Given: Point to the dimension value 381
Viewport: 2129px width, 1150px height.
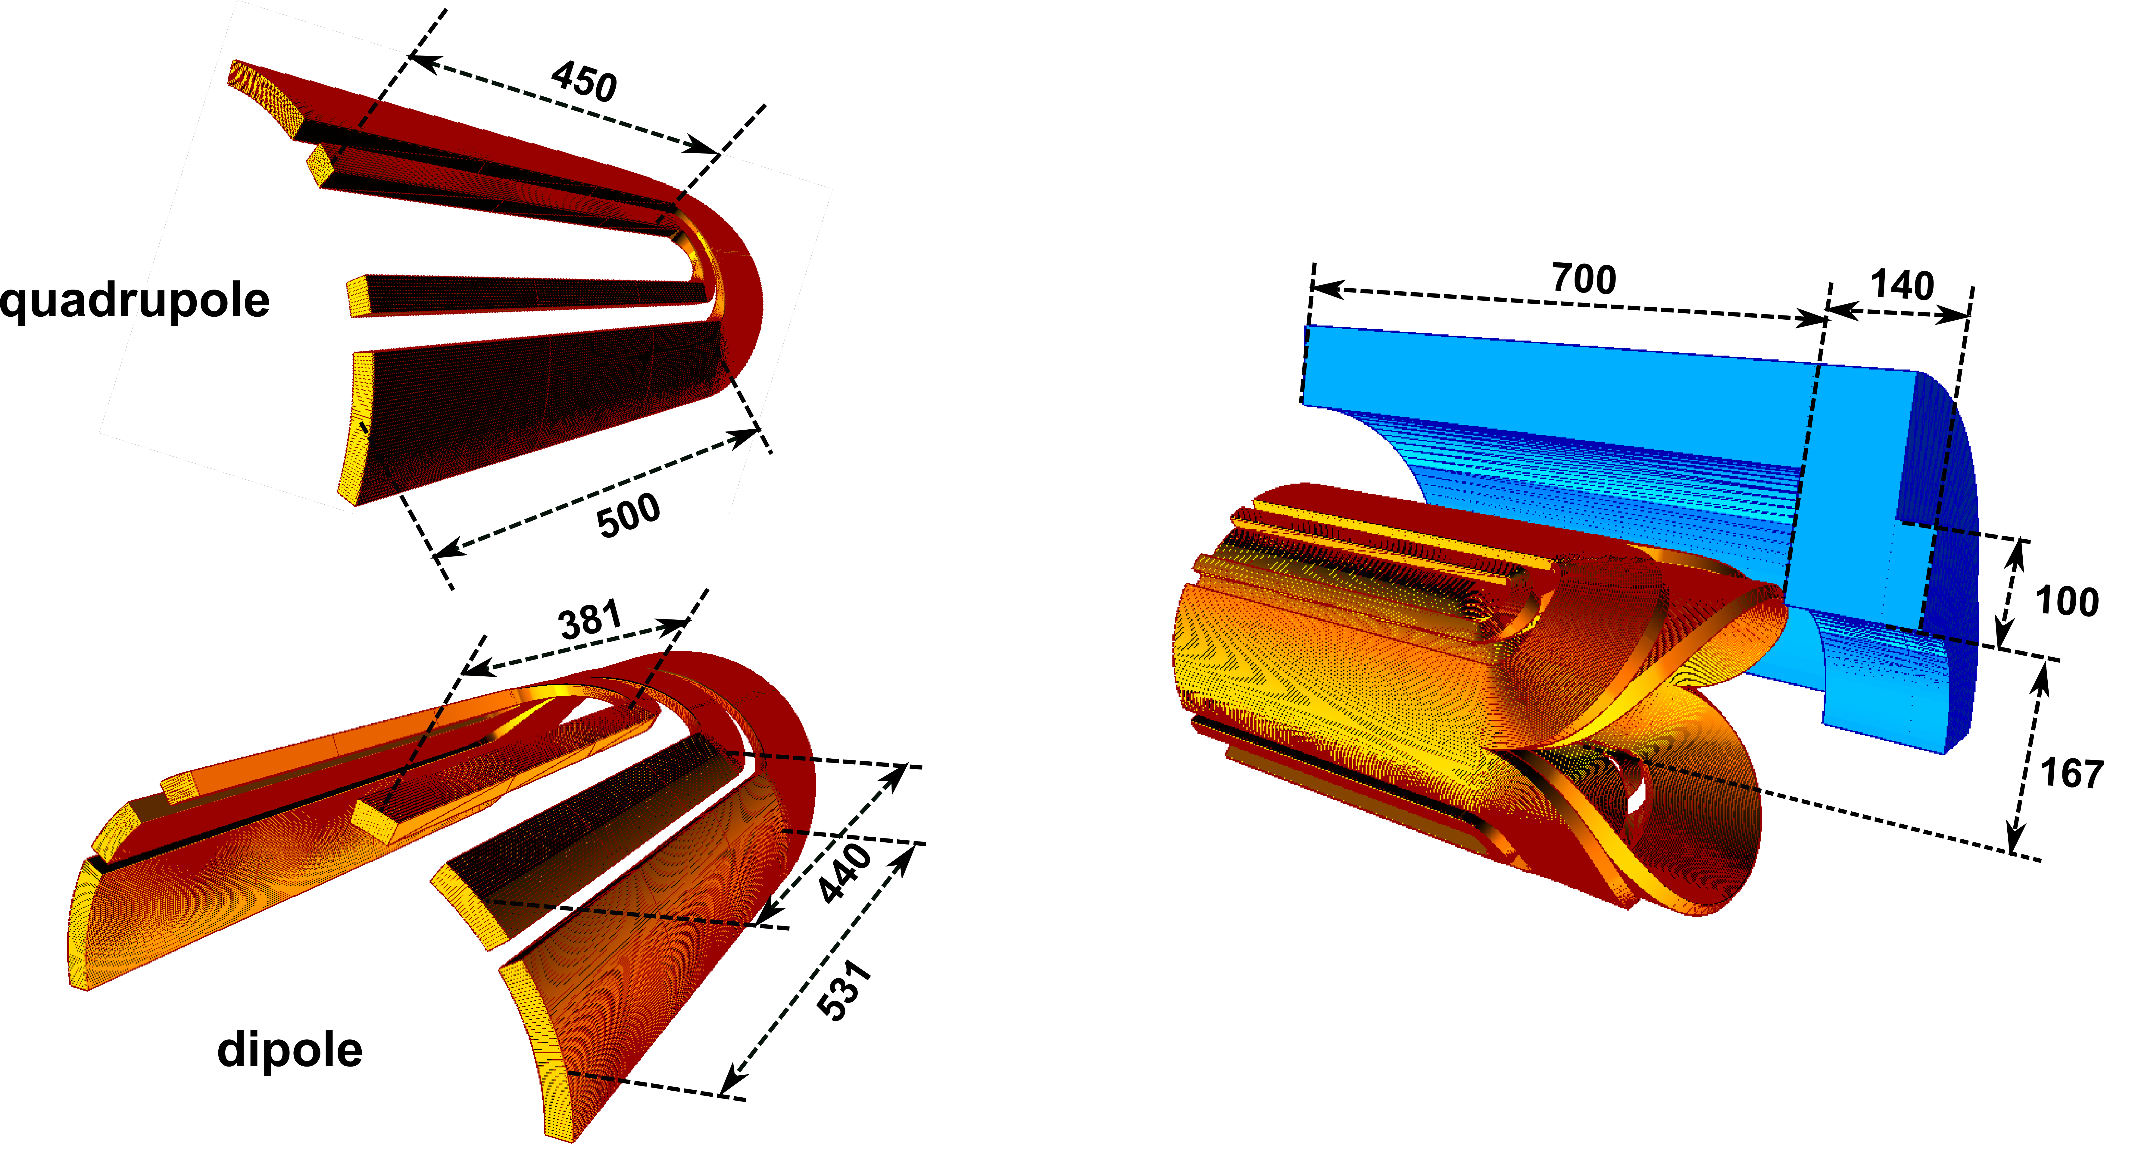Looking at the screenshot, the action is pyautogui.click(x=590, y=620).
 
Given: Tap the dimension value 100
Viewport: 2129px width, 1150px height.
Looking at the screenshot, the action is pyautogui.click(x=2066, y=601).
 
